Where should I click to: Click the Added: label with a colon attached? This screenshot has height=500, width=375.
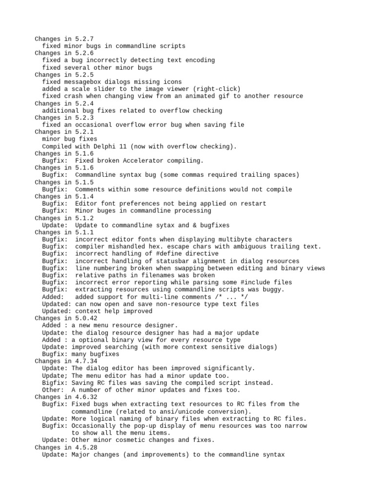(53, 296)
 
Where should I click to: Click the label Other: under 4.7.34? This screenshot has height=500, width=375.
(53, 390)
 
